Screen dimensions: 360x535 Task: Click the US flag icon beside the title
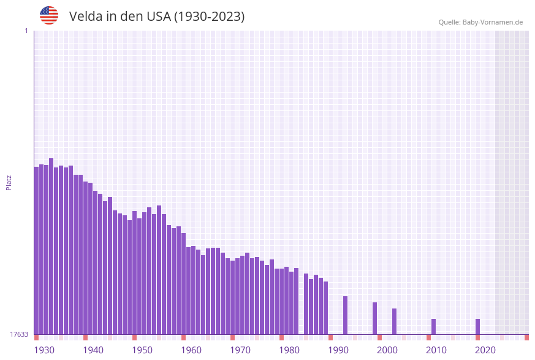coord(49,15)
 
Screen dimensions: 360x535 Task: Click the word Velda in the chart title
coord(86,17)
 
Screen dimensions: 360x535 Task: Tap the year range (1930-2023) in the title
coord(209,17)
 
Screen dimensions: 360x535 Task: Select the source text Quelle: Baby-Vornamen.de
coord(480,22)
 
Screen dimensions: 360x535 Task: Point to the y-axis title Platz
coord(9,182)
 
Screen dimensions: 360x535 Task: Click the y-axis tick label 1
coord(26,31)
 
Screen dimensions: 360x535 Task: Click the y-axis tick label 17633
coord(19,334)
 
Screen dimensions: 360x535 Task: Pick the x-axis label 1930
coord(44,350)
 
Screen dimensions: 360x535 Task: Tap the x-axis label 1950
coord(142,350)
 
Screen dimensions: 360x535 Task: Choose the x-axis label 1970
coord(240,350)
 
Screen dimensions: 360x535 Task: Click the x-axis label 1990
coord(338,350)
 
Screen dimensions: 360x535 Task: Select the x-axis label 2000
coord(387,350)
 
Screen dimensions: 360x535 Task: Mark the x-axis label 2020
coord(485,350)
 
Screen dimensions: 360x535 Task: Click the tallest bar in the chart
coord(51,245)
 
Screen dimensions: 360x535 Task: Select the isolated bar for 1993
coord(345,315)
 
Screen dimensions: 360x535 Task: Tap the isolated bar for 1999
coord(374,318)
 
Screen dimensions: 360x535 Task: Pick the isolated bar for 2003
coord(394,321)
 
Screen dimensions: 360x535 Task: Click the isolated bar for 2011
coord(433,326)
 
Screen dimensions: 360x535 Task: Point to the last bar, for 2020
coord(477,326)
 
